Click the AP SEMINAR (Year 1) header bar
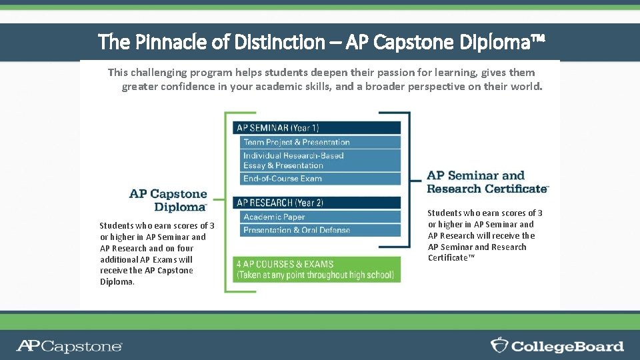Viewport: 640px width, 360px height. tap(317, 127)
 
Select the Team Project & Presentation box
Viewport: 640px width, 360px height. tap(320, 142)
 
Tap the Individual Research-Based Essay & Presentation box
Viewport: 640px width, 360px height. tap(320, 161)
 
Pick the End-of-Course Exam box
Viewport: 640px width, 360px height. tap(320, 179)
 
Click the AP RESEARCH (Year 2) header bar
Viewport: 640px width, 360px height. tap(317, 203)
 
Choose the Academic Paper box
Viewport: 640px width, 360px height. tap(320, 217)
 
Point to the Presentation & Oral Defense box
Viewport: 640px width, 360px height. tap(320, 230)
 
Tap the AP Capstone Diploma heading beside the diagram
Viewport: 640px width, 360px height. tap(168, 200)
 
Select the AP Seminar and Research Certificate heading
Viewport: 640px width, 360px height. tap(487, 182)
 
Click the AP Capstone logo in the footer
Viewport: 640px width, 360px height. tap(69, 346)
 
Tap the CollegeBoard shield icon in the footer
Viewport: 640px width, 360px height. tap(499, 345)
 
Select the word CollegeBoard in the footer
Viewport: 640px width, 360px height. tap(567, 346)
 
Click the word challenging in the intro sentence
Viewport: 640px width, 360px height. tap(164, 72)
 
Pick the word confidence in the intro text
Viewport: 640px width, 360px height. tap(184, 87)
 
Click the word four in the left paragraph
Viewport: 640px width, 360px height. tap(185, 248)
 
